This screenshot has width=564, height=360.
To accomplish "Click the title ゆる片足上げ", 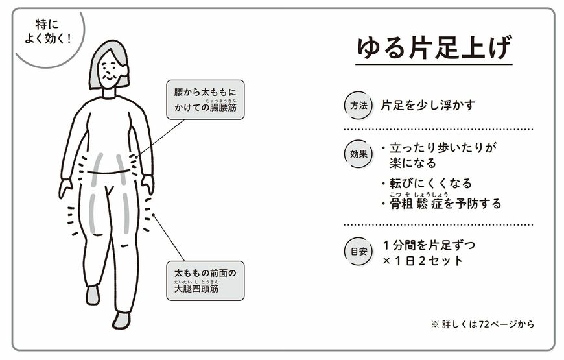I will pyautogui.click(x=434, y=48).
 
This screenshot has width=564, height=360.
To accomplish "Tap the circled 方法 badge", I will pyautogui.click(x=358, y=105).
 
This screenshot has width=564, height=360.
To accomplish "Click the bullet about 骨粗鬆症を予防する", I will pyautogui.click(x=444, y=203).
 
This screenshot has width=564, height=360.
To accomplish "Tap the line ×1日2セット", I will pyautogui.click(x=423, y=261).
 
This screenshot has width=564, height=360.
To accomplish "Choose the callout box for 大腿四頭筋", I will pyautogui.click(x=205, y=280).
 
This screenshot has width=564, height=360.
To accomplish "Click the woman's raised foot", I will pyautogui.click(x=93, y=294).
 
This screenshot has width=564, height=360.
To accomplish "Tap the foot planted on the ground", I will pyautogui.click(x=121, y=319).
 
